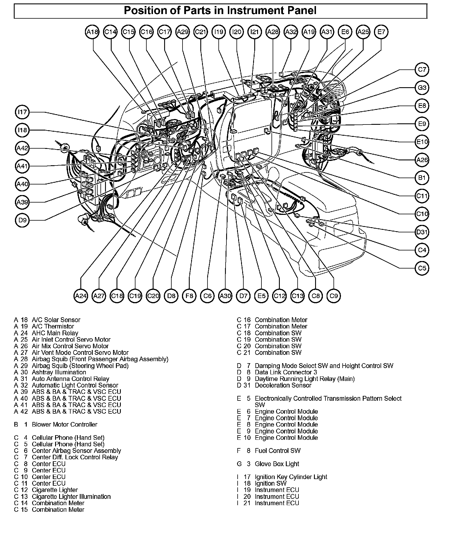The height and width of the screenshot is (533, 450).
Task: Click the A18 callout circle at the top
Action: click(92, 32)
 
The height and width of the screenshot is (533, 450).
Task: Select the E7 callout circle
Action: click(381, 32)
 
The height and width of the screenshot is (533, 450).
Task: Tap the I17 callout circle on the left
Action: click(22, 112)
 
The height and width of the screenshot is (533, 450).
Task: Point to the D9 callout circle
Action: click(22, 220)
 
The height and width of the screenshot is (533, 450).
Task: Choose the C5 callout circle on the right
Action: click(422, 268)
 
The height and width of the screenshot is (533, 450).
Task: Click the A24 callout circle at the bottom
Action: click(81, 296)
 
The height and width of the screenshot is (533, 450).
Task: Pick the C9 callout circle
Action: click(333, 296)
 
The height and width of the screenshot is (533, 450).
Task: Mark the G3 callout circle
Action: click(422, 87)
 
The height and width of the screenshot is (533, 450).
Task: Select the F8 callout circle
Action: click(189, 296)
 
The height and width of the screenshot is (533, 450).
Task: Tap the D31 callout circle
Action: click(422, 232)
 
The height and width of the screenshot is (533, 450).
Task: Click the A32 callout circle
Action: click(291, 32)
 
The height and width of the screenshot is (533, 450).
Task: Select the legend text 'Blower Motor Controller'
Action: click(64, 424)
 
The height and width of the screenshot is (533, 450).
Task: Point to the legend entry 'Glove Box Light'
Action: click(277, 464)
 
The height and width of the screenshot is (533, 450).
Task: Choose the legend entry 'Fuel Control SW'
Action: click(277, 451)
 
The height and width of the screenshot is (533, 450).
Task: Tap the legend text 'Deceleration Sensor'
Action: click(283, 385)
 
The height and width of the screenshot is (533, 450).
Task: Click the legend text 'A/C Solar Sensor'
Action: click(56, 320)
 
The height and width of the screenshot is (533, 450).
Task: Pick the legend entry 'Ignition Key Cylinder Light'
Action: click(291, 477)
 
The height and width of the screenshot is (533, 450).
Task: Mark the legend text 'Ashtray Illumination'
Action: click(59, 372)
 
